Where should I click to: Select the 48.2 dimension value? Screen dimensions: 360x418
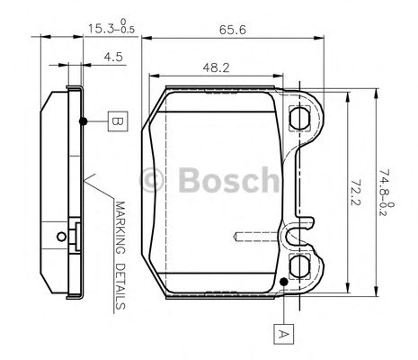tap(213, 67)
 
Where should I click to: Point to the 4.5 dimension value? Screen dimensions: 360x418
tap(113, 57)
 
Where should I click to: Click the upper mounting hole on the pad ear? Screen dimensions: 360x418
tap(300, 117)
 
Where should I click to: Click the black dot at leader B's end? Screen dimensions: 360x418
tap(83, 120)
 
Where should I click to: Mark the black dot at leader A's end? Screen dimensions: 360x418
tap(284, 283)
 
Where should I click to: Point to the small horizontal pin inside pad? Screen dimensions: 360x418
tap(247, 238)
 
